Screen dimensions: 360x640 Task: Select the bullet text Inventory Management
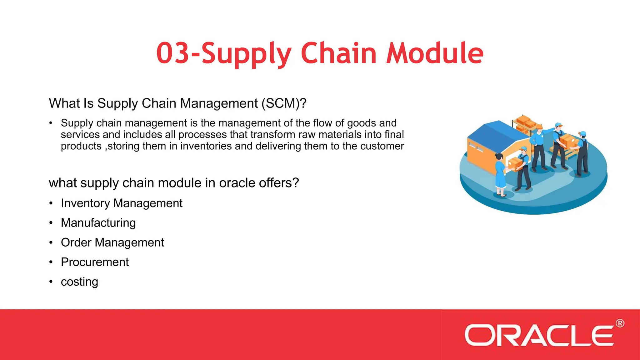[122, 203]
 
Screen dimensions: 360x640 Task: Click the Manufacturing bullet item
[98, 223]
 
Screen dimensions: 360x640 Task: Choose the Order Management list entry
[112, 243]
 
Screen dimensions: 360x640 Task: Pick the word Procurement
[95, 262]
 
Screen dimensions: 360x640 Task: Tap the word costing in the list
[79, 282]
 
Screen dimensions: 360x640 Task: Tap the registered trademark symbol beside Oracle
[620, 323]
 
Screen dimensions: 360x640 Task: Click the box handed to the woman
[514, 163]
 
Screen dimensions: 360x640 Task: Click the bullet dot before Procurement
[51, 262]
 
